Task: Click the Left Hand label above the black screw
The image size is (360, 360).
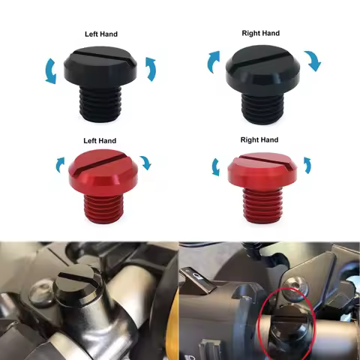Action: tap(101, 34)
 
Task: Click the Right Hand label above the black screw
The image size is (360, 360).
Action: tap(259, 33)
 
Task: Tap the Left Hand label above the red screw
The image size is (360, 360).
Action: tap(101, 141)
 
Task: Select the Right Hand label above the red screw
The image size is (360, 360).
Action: tap(259, 140)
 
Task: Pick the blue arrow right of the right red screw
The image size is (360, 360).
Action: tap(307, 165)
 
